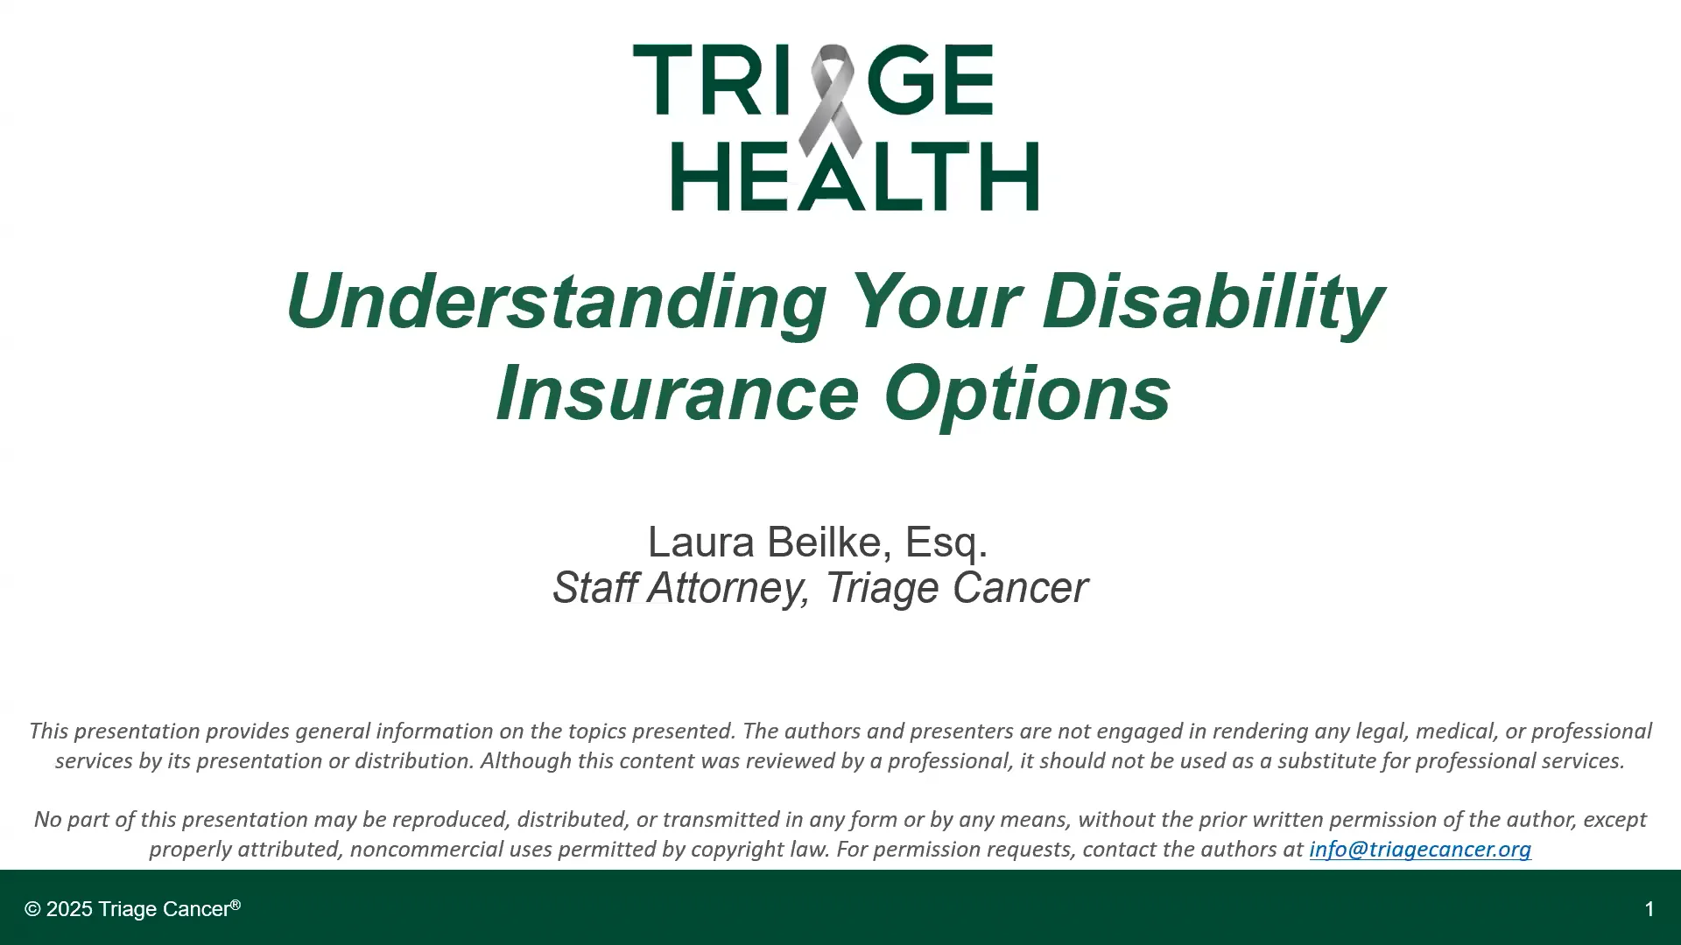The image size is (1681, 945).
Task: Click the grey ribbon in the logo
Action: click(x=830, y=96)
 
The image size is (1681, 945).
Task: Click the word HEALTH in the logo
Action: click(x=855, y=178)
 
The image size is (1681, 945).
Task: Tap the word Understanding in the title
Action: click(x=555, y=301)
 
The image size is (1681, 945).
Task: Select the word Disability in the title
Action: click(x=1212, y=301)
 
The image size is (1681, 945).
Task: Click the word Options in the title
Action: click(x=1027, y=393)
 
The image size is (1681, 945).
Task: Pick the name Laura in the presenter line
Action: click(x=700, y=542)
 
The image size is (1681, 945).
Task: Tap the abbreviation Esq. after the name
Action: click(x=946, y=542)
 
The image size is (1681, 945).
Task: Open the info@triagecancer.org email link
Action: click(x=1419, y=849)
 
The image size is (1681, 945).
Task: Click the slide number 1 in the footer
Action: click(x=1649, y=909)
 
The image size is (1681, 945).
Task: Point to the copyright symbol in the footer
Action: click(x=32, y=909)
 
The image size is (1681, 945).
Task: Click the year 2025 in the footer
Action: click(x=69, y=909)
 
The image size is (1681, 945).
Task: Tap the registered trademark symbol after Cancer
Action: click(x=236, y=905)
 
